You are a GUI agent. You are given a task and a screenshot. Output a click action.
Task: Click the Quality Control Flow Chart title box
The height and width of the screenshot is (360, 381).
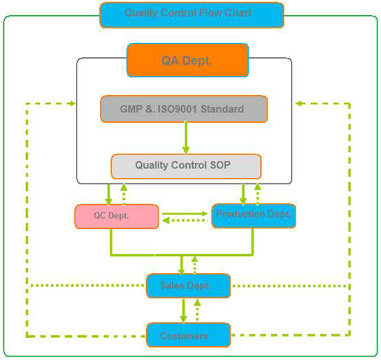[x=192, y=15]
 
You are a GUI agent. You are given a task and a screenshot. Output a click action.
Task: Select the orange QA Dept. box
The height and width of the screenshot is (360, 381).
[x=187, y=60]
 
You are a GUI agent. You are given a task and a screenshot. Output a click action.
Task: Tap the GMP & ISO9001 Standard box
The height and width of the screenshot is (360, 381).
[x=184, y=109]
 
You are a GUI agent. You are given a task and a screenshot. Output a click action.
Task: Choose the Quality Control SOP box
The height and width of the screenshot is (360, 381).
[x=186, y=166]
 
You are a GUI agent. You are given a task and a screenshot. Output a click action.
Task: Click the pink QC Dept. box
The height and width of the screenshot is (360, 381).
[x=116, y=217]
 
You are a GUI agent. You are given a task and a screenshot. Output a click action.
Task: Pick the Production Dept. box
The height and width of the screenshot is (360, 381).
[x=254, y=216]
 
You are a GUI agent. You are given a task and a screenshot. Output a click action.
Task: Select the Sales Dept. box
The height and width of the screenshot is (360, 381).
[x=188, y=286]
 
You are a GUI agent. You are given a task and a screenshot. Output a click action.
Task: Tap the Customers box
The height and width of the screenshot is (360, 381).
[x=188, y=335]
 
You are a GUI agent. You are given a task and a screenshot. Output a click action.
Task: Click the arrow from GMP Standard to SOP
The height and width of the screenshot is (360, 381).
[x=186, y=138]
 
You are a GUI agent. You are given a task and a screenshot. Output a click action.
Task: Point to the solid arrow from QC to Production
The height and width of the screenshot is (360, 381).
[x=185, y=214]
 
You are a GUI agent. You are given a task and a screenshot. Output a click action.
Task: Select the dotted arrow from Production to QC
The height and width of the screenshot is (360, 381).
[x=185, y=221]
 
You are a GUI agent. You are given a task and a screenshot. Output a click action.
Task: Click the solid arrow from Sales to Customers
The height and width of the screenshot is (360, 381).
[x=183, y=310]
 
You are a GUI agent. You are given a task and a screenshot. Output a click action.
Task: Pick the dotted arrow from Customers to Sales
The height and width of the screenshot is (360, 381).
[x=197, y=310]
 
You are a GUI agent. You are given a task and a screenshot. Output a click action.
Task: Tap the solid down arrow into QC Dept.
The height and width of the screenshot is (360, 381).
[x=109, y=194]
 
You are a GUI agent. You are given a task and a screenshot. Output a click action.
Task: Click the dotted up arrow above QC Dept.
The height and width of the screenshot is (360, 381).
[x=124, y=194]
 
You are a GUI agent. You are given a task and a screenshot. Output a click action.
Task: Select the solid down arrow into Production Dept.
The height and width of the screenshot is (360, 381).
[x=243, y=194]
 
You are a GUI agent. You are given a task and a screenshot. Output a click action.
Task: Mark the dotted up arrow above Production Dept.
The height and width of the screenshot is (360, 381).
[x=258, y=194]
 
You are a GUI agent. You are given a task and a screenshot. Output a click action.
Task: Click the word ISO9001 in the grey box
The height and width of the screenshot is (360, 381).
[x=177, y=109]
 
